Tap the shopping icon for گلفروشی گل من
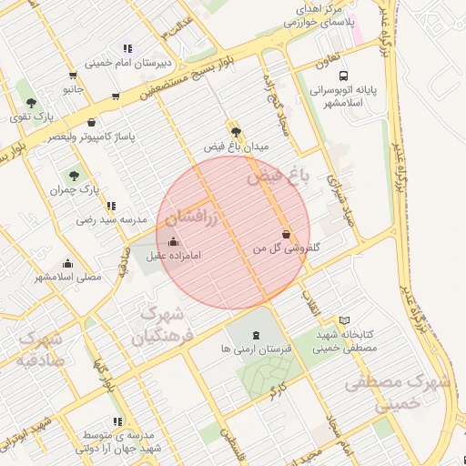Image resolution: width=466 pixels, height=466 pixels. tap(287, 233)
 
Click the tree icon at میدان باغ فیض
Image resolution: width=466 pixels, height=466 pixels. tap(236, 132)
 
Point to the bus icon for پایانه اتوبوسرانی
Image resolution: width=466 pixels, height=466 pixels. tap(343, 76)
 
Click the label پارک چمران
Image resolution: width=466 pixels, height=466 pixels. tap(75, 190)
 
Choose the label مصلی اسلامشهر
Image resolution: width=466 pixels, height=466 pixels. tap(59, 277)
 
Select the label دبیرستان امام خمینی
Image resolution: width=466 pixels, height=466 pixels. tap(124, 64)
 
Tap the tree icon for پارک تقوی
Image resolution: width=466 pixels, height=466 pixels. tap(32, 103)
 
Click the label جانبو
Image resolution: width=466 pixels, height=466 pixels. tap(73, 90)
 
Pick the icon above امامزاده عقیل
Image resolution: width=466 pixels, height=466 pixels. tap(174, 241)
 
